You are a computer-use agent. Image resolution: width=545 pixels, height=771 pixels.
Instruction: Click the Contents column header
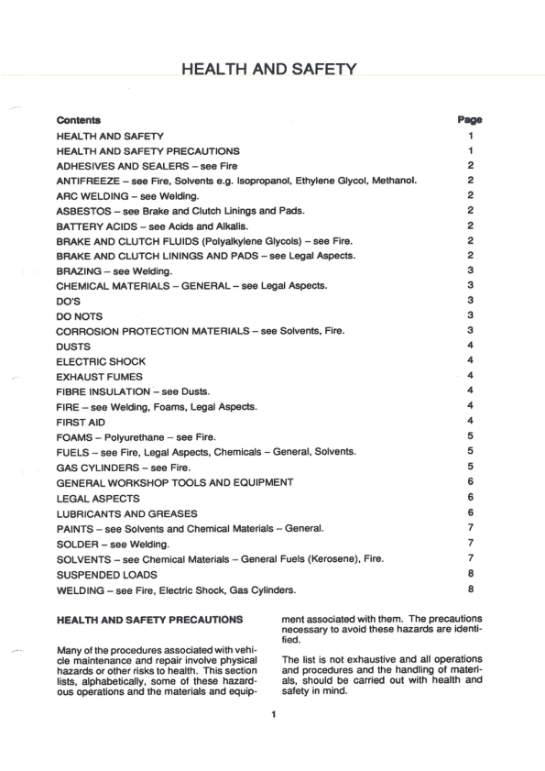click(x=79, y=120)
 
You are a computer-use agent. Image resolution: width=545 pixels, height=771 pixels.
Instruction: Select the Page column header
click(x=469, y=120)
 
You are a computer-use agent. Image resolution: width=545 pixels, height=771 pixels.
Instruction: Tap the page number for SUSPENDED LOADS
click(x=469, y=574)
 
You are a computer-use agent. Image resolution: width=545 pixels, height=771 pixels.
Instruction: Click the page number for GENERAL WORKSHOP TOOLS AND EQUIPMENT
click(x=469, y=482)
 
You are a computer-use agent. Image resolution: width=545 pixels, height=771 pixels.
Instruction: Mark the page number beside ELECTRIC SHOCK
click(x=469, y=361)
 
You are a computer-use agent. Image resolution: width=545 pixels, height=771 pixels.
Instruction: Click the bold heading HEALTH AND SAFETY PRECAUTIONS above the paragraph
click(x=149, y=620)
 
